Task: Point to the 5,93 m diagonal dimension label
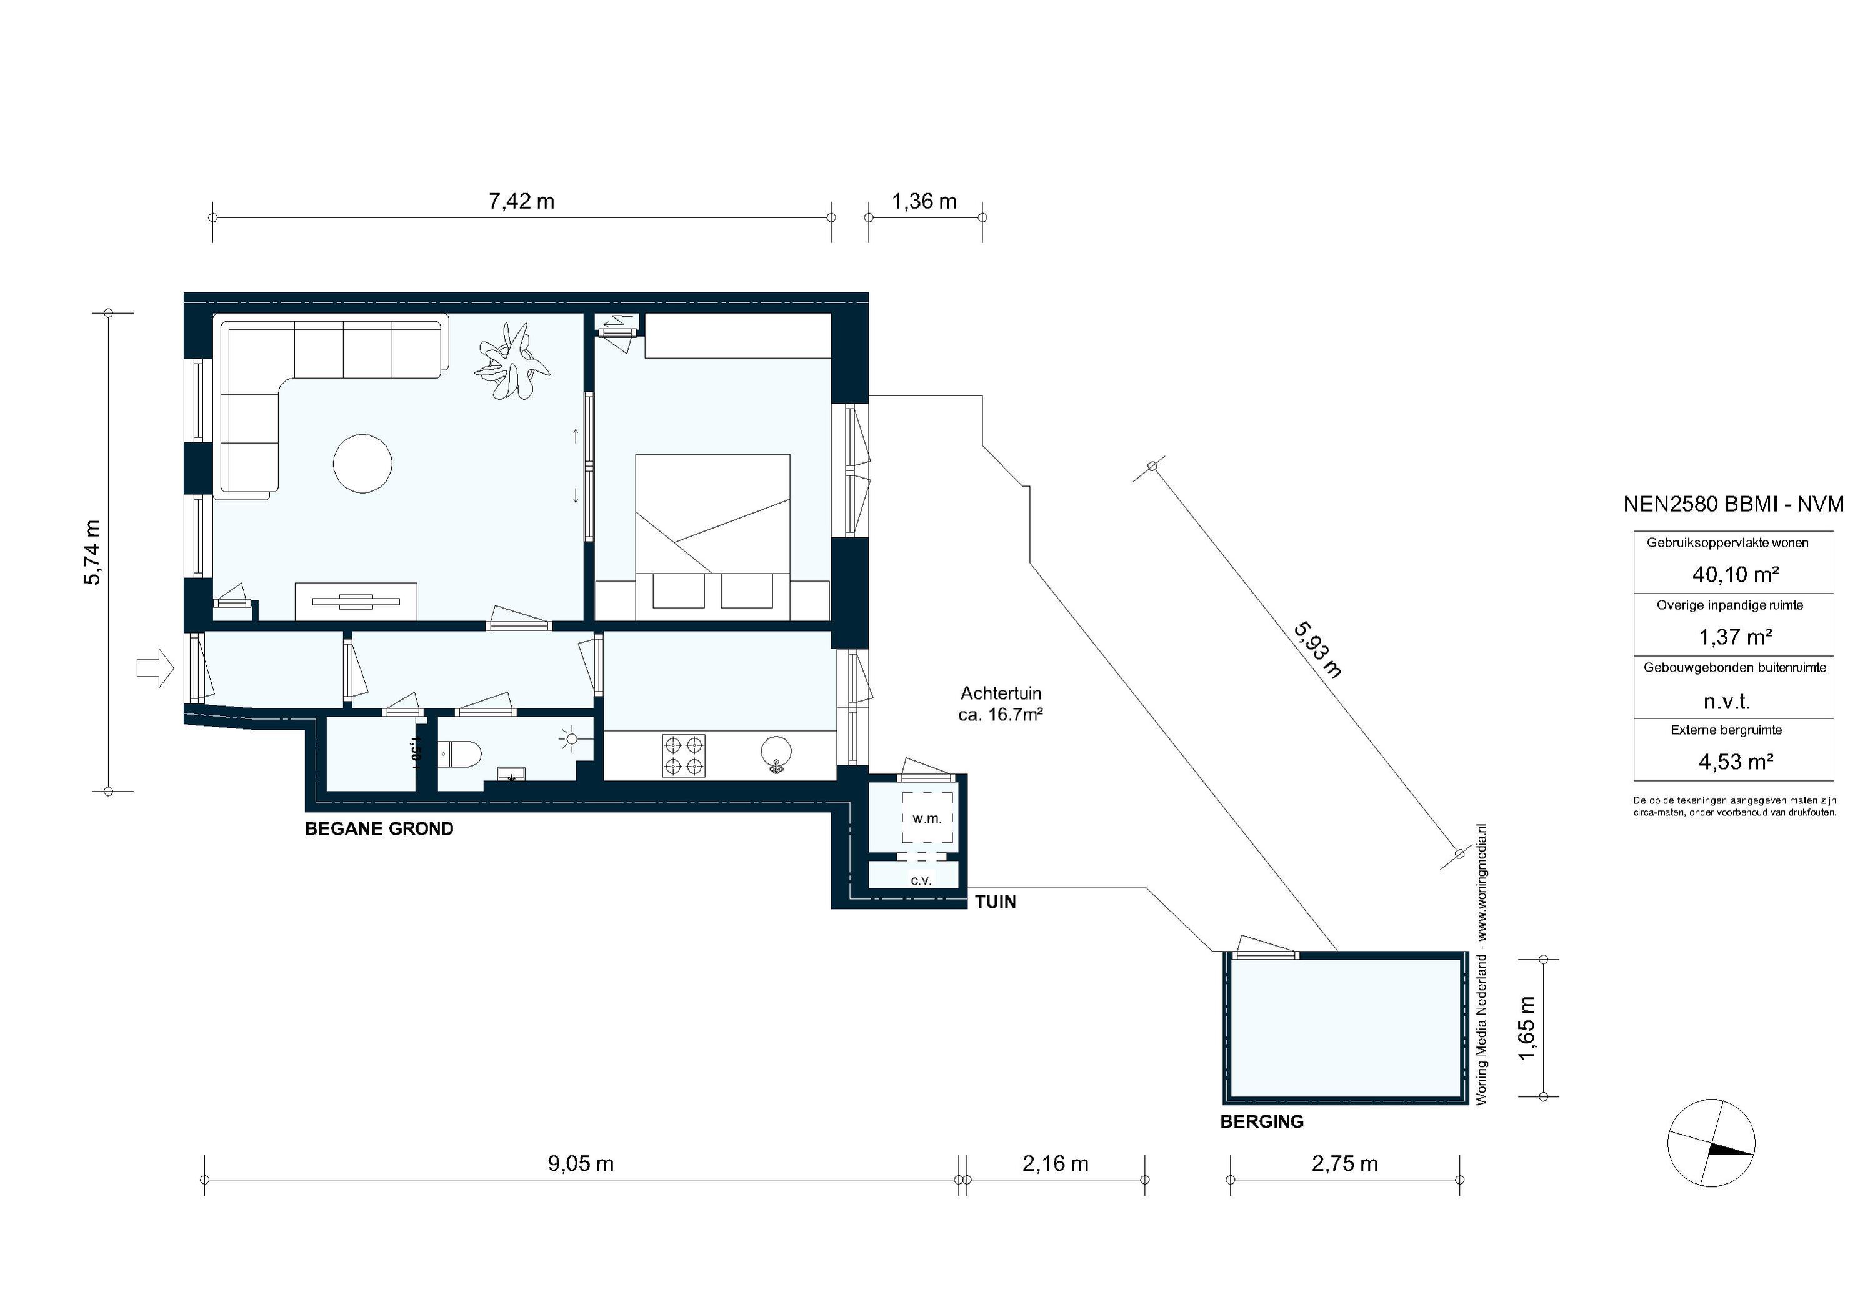click(x=1317, y=650)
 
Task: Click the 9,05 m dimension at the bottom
click(x=581, y=1163)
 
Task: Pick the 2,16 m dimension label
click(x=1055, y=1163)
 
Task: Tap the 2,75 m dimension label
click(x=1344, y=1163)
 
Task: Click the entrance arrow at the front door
click(x=155, y=668)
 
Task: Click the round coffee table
click(x=362, y=463)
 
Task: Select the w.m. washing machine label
click(x=927, y=818)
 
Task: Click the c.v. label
click(x=921, y=880)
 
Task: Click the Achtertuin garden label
click(x=1001, y=703)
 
